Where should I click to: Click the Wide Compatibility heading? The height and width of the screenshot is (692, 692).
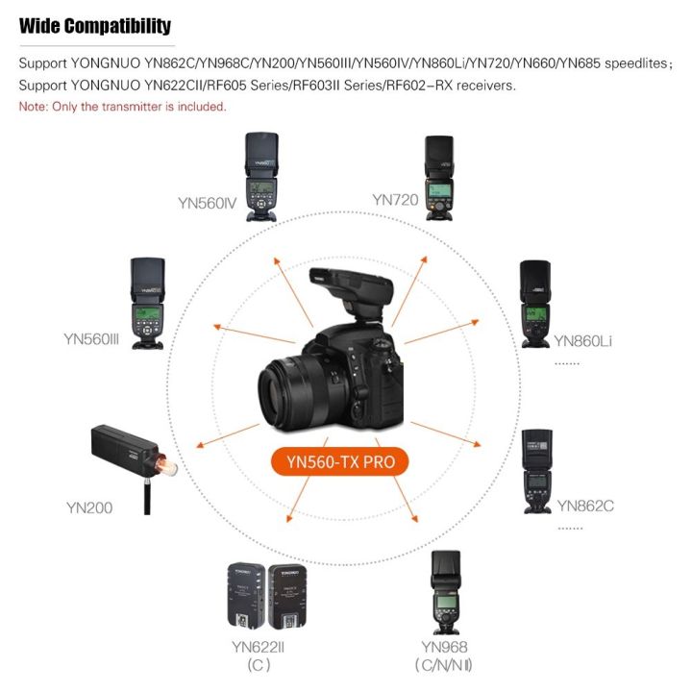[x=95, y=26]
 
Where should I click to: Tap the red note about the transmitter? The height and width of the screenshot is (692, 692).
[x=123, y=107]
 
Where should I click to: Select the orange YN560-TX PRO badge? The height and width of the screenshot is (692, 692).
[x=347, y=461]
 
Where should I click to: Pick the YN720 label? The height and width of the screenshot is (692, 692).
[x=396, y=200]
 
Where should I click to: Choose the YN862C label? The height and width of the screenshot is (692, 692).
[x=584, y=505]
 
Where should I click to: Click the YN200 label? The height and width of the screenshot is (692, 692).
[x=89, y=507]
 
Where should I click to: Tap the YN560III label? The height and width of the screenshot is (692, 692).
[x=91, y=338]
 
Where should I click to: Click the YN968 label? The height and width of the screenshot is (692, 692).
[x=444, y=647]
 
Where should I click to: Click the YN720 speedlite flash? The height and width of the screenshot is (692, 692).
[x=439, y=175]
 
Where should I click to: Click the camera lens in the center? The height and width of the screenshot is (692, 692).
[x=299, y=394]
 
